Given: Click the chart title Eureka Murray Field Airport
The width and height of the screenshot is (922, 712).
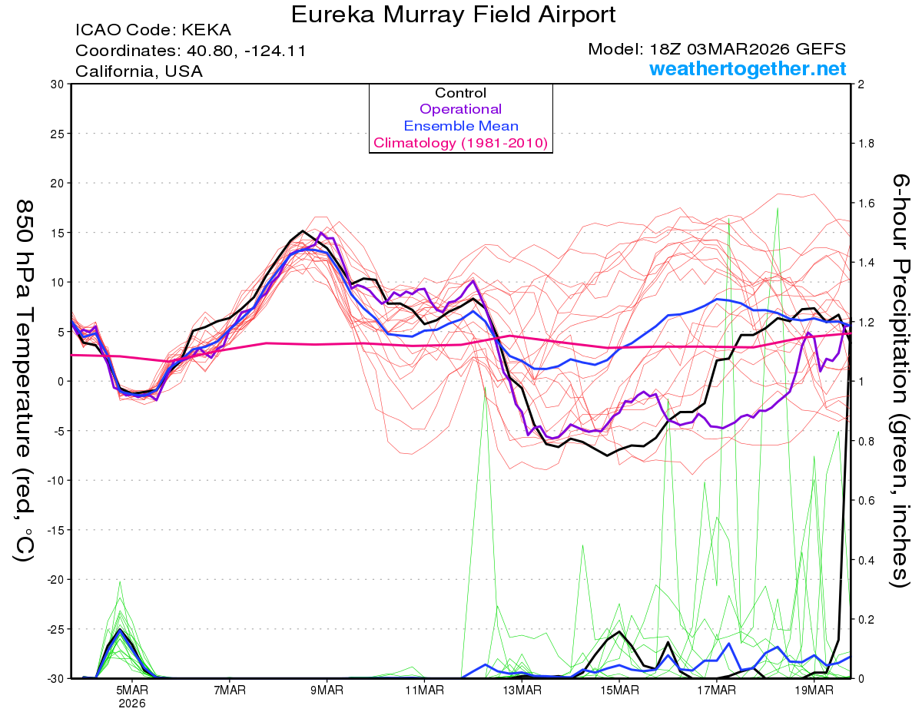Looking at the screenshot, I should tap(453, 15).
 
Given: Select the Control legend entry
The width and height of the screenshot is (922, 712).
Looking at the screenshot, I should tap(460, 93).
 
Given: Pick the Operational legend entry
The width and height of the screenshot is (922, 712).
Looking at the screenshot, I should tap(460, 109).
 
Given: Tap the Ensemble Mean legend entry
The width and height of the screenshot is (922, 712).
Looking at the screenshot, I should tap(460, 126).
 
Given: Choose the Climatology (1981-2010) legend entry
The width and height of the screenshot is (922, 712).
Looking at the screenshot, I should tap(460, 143).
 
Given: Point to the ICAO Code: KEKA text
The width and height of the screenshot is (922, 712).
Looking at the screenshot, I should tap(153, 31).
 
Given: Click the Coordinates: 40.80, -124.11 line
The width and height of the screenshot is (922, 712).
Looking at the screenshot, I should tap(191, 51).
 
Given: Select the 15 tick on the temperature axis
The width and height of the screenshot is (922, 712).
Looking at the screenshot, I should tap(55, 233).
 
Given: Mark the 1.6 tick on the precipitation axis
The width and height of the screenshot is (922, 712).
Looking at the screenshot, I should tap(867, 204).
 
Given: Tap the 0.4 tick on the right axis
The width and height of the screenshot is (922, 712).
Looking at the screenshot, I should tap(867, 560).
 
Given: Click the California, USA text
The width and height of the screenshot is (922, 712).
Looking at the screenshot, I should tap(139, 71).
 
